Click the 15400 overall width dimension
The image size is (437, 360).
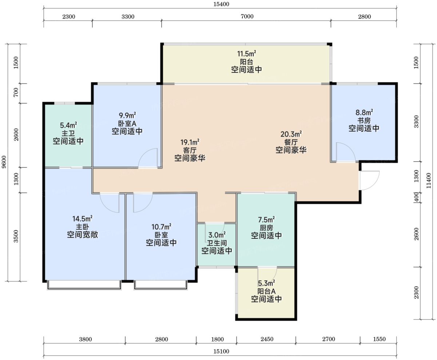tap(221, 4)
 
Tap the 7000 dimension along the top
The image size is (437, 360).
tap(247, 16)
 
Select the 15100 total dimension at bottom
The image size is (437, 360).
tap(221, 351)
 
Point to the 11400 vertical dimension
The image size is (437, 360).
tap(429, 181)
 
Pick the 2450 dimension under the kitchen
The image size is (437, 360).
tap(267, 339)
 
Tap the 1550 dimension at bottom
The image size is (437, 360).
tap(379, 339)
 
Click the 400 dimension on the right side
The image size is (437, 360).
tap(417, 197)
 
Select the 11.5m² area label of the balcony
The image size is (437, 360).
tap(247, 54)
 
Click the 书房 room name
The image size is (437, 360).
tap(364, 120)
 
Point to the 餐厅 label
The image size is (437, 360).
tap(291, 142)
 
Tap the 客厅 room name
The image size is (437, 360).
tap(190, 150)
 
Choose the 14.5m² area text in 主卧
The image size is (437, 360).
tap(83, 219)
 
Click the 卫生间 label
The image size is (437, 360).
tap(217, 243)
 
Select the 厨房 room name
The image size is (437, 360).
tap(266, 228)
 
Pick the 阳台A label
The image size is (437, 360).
tap(266, 291)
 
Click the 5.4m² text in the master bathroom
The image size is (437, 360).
tap(68, 125)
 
